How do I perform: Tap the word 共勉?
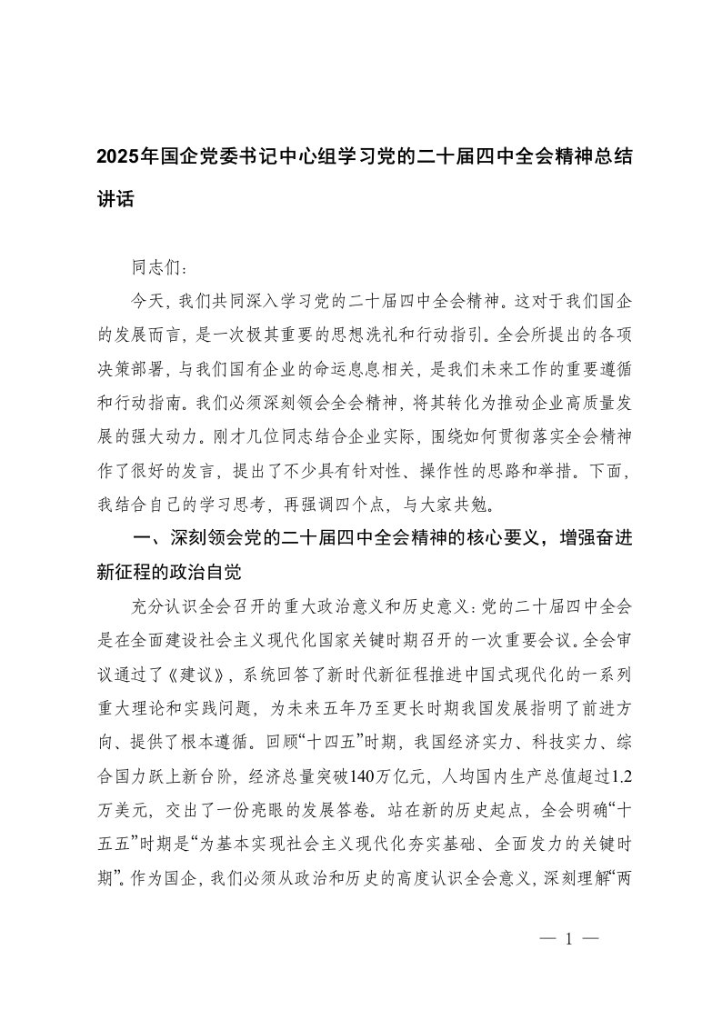point(491,501)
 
